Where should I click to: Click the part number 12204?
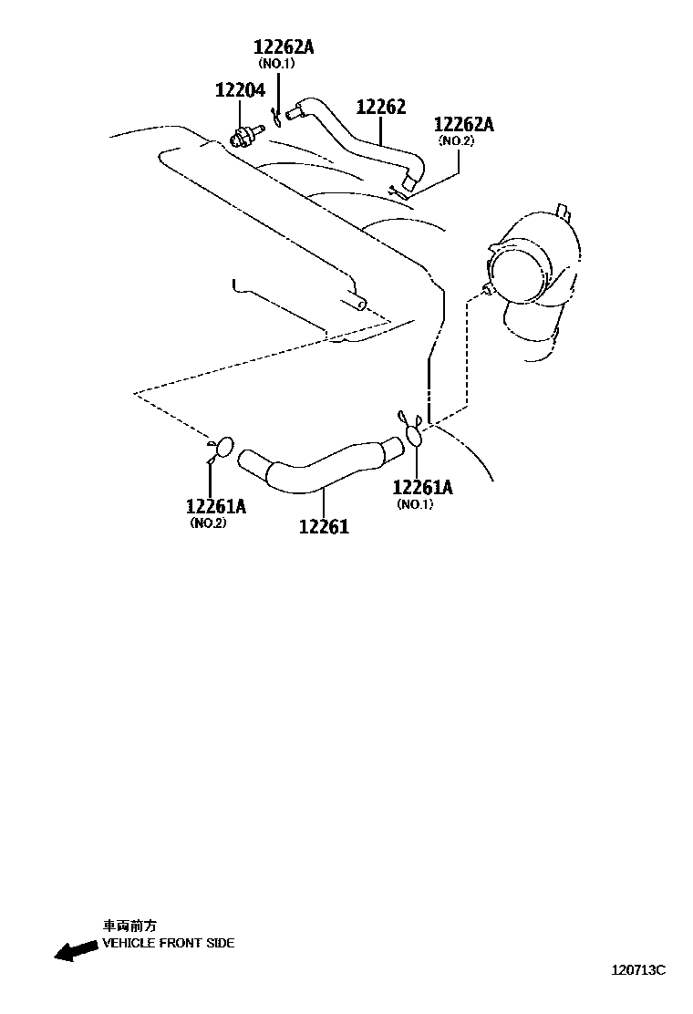tap(240, 90)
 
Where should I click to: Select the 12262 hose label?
tap(380, 107)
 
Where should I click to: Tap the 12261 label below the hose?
tap(324, 526)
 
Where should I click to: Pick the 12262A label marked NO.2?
tap(463, 124)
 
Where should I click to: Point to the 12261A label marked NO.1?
tap(422, 488)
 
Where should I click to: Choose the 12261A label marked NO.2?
tap(216, 506)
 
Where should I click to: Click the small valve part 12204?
tap(243, 137)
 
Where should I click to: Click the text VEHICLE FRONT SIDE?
tap(168, 943)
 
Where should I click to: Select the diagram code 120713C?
tap(638, 969)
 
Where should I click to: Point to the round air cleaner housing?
tap(524, 264)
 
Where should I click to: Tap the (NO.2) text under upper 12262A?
tap(457, 141)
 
